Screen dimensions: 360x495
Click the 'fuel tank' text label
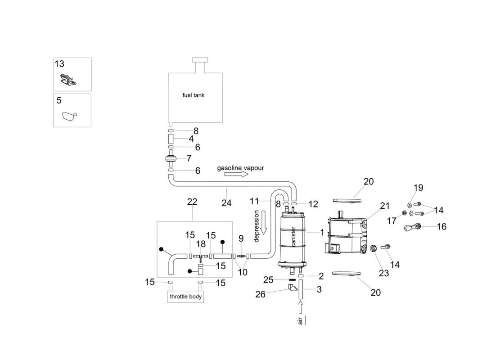click(x=193, y=95)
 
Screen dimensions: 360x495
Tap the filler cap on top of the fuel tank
click(x=198, y=60)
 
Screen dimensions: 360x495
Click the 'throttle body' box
click(x=185, y=297)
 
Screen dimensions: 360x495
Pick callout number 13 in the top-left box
click(x=59, y=64)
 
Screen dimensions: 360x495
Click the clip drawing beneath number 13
click(x=67, y=81)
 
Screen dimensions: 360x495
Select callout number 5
click(x=59, y=100)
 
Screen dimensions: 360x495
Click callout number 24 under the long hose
click(x=226, y=203)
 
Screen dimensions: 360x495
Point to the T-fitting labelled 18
click(x=201, y=256)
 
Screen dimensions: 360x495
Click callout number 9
click(x=241, y=238)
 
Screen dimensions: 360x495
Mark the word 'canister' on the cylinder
click(x=293, y=236)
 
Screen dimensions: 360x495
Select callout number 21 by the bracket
click(x=384, y=206)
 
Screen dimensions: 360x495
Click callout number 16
click(x=441, y=226)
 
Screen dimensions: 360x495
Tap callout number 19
click(x=418, y=188)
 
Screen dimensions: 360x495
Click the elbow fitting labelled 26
click(x=292, y=287)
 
